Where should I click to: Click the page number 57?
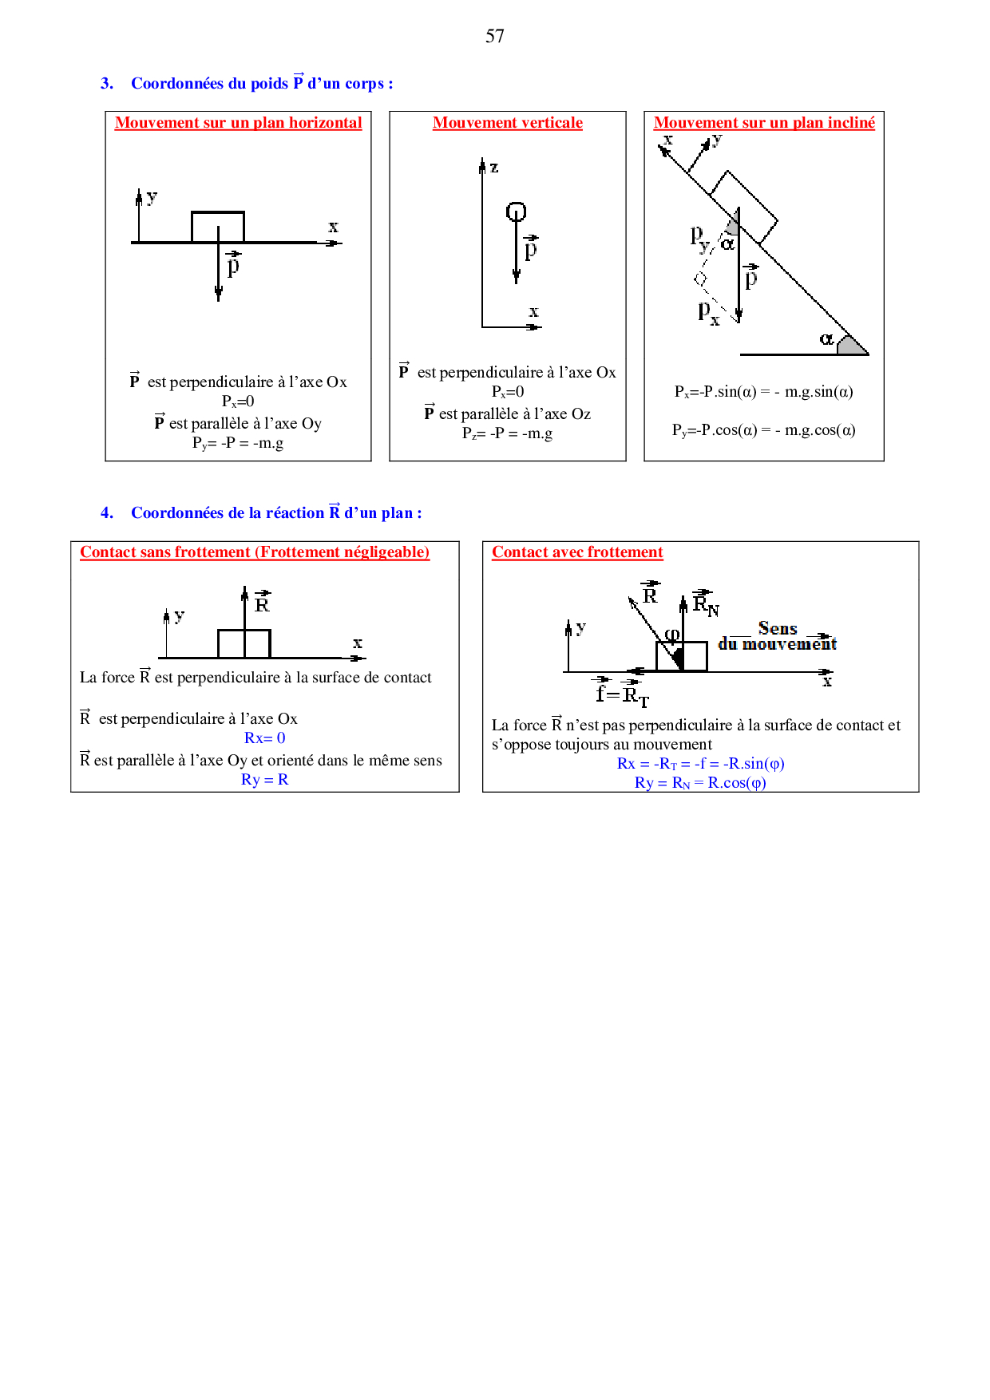(x=494, y=36)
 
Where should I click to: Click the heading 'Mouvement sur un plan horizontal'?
(x=238, y=123)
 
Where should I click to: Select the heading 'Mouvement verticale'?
(x=507, y=123)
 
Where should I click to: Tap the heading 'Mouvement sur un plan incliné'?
(x=764, y=123)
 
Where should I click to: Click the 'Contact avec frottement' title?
(x=577, y=552)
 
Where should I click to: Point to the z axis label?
(x=494, y=168)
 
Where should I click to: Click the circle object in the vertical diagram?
(x=516, y=212)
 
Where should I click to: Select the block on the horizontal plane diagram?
(x=217, y=226)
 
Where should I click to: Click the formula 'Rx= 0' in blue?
(x=264, y=738)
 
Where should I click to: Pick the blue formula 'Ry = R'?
(x=264, y=780)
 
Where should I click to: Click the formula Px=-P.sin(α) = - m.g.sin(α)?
(x=763, y=392)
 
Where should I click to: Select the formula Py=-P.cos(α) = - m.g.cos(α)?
(x=763, y=430)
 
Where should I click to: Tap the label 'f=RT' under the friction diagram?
(x=622, y=695)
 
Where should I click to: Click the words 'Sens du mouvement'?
(x=777, y=636)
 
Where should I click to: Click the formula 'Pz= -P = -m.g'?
(x=507, y=433)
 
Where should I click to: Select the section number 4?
(x=107, y=513)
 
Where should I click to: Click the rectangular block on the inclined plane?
(x=743, y=206)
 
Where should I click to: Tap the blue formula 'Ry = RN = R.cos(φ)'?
(x=700, y=783)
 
